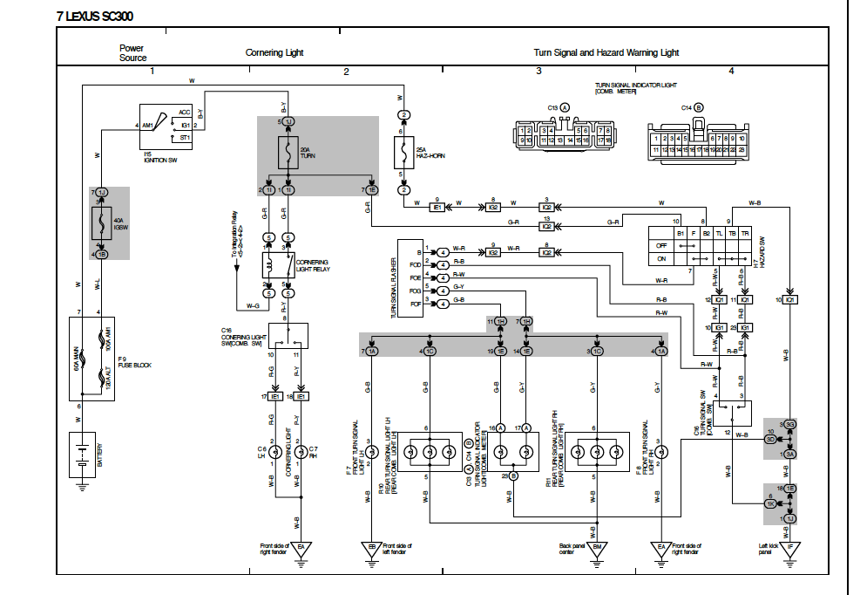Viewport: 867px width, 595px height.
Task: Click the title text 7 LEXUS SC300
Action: [95, 16]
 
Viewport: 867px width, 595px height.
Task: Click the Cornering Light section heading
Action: [274, 52]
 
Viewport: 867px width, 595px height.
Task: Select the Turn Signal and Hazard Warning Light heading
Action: [606, 52]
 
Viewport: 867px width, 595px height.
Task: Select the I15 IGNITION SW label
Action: [161, 158]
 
